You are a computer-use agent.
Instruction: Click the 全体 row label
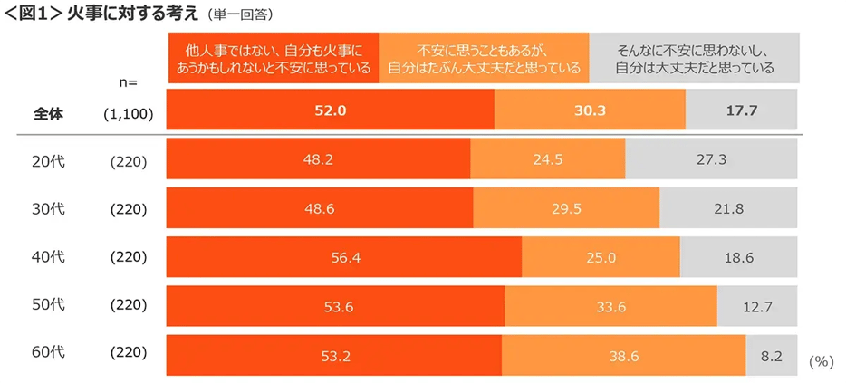point(49,112)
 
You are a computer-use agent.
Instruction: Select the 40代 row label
point(49,256)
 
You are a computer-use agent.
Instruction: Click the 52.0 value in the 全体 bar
point(332,111)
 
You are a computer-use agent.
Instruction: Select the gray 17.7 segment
point(742,111)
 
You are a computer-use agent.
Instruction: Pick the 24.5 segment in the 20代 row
point(547,160)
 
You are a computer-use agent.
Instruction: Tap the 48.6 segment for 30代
point(320,208)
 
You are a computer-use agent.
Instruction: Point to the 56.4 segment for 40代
point(344,257)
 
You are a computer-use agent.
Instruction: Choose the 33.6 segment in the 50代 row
point(610,306)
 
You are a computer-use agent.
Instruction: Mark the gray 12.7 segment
point(757,306)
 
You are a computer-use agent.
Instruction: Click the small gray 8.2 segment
point(772,356)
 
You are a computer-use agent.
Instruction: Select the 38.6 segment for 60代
point(623,356)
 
